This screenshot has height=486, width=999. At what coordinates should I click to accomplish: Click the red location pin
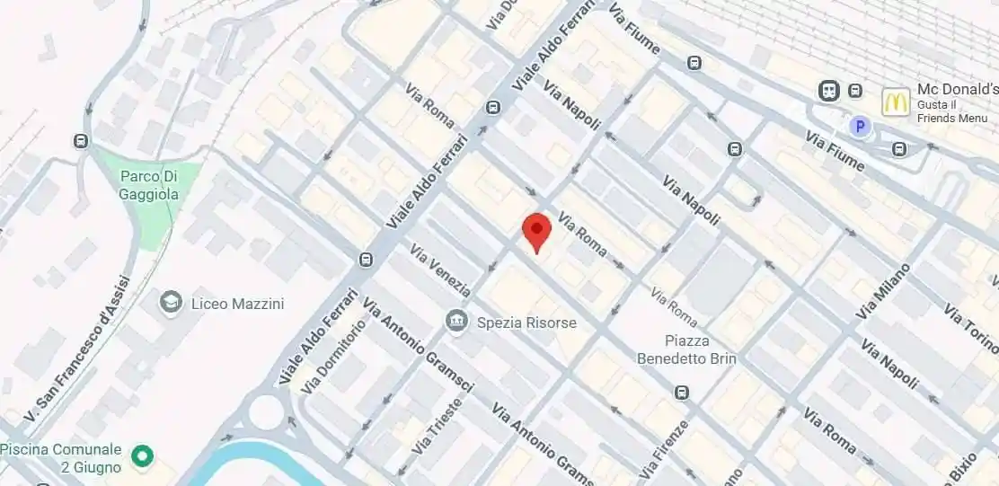click(536, 231)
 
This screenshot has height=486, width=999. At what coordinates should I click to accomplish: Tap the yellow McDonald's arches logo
click(895, 102)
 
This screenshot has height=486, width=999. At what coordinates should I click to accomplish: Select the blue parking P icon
click(861, 127)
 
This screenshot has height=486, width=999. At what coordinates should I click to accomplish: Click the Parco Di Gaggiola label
click(149, 186)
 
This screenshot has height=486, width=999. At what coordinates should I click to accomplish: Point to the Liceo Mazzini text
click(237, 304)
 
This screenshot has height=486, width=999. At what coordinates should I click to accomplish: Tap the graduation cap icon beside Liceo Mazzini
click(170, 303)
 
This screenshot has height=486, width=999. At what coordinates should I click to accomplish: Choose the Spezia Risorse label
click(526, 322)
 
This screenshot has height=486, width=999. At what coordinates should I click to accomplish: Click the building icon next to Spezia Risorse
click(456, 321)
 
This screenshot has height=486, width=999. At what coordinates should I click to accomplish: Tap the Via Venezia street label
click(439, 270)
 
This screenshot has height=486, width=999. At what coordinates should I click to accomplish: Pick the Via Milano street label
click(884, 290)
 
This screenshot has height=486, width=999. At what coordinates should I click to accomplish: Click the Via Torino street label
click(970, 329)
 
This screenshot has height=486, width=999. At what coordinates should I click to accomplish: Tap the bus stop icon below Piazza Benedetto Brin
click(682, 393)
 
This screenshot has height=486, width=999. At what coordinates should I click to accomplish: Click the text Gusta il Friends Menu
click(952, 111)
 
